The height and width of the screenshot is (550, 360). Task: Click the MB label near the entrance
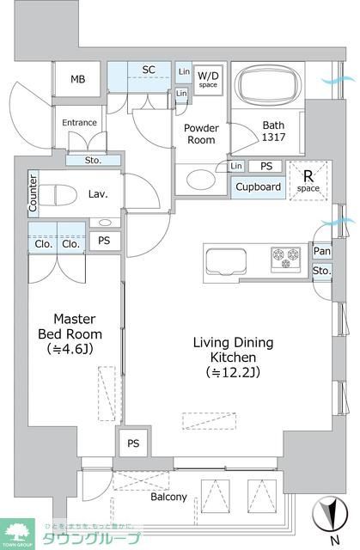77,80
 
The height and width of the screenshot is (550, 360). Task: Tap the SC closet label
148,70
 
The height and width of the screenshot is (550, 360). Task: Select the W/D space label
209,79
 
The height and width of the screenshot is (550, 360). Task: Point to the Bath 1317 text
273,131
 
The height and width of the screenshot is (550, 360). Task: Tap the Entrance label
79,123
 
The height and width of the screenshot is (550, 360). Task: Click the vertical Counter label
33,194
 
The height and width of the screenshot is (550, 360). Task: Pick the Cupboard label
258,186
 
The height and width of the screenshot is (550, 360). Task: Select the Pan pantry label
321,251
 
